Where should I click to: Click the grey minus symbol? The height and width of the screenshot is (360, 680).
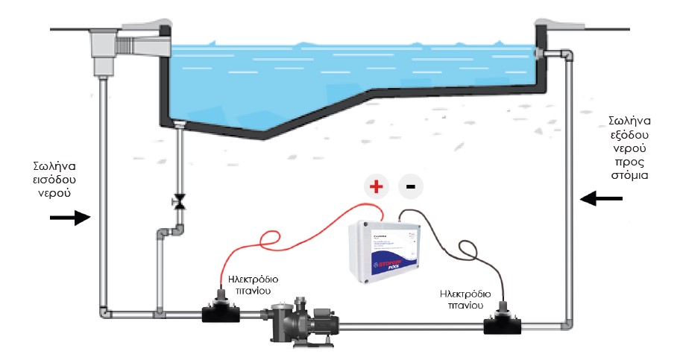point(409,186)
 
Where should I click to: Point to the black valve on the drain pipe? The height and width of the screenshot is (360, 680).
point(178,200)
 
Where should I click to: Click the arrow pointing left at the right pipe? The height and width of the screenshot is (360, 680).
point(601,198)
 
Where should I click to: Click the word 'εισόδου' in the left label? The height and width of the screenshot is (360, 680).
point(56,180)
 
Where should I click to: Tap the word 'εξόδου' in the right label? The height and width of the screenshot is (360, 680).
point(632,136)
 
